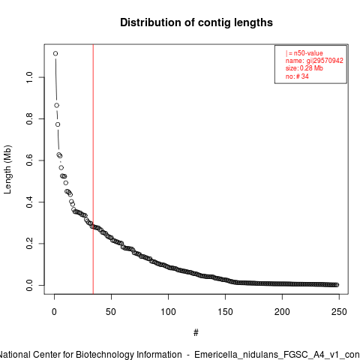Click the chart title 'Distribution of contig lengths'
[x=196, y=22]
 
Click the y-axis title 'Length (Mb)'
[x=7, y=169]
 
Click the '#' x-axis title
[x=196, y=333]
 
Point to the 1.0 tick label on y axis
[x=29, y=77]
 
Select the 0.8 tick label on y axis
[x=29, y=118]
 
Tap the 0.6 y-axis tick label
[x=29, y=160]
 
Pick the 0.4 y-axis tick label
[x=29, y=202]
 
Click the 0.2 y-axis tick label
[x=29, y=244]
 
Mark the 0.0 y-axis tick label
[x=29, y=285]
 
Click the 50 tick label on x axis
[x=111, y=312]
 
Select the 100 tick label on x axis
[x=168, y=312]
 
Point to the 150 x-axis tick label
[x=225, y=312]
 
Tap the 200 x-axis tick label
[x=282, y=312]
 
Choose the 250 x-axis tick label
[x=339, y=312]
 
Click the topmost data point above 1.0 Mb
[x=55, y=53]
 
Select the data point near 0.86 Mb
[x=56, y=106]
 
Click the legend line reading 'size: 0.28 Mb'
[x=304, y=68]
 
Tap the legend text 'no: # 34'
[x=297, y=76]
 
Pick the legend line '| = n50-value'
[x=304, y=53]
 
